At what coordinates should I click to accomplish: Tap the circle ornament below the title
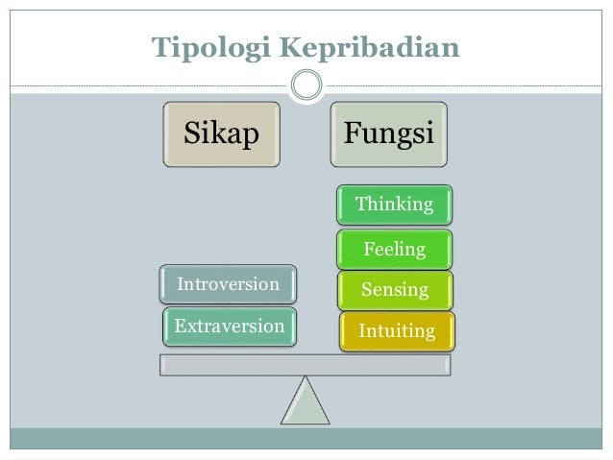tap(306, 86)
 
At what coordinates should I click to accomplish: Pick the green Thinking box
tap(394, 204)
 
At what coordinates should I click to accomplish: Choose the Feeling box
tap(394, 248)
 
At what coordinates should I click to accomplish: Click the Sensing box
tap(394, 288)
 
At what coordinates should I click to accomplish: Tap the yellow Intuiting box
tap(396, 331)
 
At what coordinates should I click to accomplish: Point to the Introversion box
tap(229, 284)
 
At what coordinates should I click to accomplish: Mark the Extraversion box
tap(230, 327)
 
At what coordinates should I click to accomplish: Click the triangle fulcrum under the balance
tap(306, 401)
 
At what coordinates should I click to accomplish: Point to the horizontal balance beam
tap(306, 364)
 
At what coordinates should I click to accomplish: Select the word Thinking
tap(394, 204)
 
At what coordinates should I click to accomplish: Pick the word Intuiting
tap(396, 331)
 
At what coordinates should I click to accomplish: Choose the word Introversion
tap(229, 284)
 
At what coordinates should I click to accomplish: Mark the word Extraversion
tap(230, 327)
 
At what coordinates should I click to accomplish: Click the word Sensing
tap(394, 288)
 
